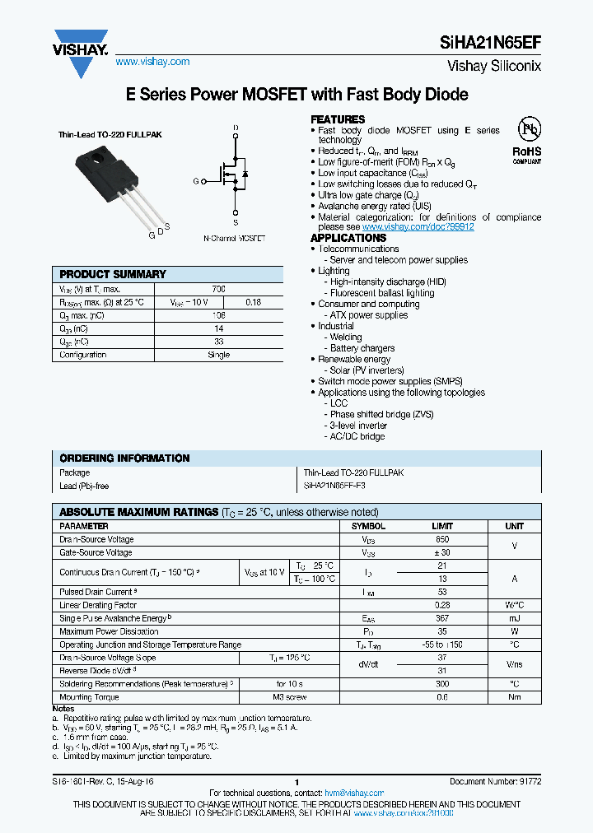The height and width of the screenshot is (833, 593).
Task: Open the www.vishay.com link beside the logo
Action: [152, 62]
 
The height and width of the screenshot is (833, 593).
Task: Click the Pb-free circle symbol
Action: [527, 129]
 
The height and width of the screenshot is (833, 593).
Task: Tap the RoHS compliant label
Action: [527, 155]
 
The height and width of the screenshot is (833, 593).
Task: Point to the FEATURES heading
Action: [338, 119]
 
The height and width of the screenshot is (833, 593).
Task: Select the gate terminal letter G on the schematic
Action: [196, 181]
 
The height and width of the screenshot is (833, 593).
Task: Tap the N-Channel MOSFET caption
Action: [234, 238]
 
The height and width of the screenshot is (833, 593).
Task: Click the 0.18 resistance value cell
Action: [254, 302]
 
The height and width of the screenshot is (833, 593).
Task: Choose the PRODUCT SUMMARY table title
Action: [113, 274]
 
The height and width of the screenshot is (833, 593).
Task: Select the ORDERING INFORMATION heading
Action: [124, 458]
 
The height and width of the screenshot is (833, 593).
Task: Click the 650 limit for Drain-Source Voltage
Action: [442, 539]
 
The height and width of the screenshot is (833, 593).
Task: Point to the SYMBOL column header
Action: [368, 526]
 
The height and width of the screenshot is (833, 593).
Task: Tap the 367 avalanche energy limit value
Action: [442, 618]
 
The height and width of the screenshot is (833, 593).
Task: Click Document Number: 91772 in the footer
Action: [495, 780]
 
